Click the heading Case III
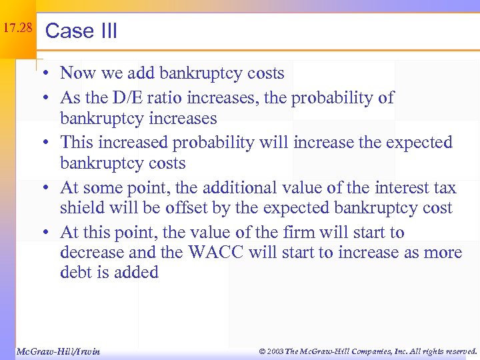click(81, 31)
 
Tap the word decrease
click(89, 253)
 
